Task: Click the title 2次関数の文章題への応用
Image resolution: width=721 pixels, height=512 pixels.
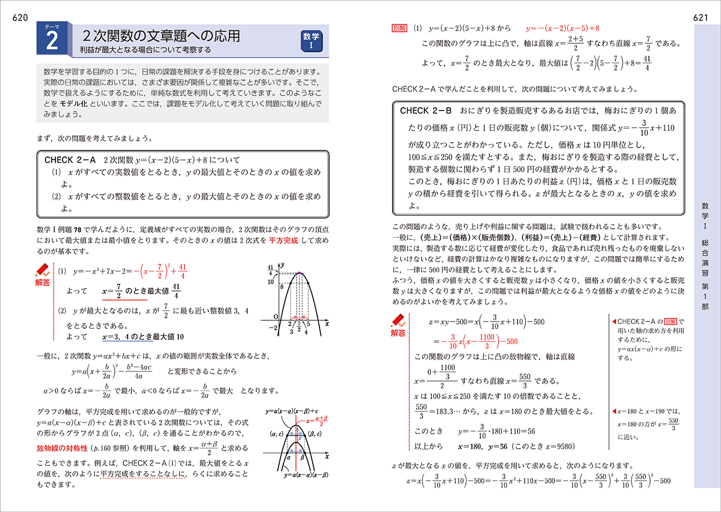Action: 161,36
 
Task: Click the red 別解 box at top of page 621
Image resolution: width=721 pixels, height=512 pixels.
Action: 399,27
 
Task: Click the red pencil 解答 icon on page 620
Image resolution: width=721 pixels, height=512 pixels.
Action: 42,275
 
